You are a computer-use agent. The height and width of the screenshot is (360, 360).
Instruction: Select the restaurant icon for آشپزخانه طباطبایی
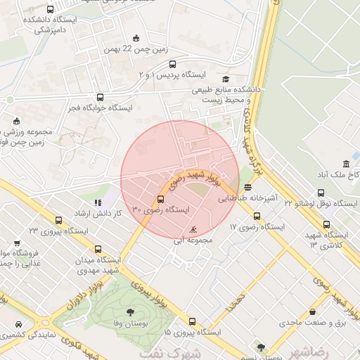(x=247, y=187)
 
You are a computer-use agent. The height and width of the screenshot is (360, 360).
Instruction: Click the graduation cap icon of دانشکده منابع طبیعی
(x=226, y=79)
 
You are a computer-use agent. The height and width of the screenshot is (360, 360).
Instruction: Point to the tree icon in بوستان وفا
(x=129, y=311)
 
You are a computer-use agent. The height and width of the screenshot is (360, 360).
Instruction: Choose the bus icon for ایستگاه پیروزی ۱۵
(x=192, y=321)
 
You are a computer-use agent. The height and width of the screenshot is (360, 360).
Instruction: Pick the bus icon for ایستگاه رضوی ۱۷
(x=257, y=216)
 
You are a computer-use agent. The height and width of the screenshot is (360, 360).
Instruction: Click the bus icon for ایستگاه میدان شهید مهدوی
(x=97, y=248)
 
